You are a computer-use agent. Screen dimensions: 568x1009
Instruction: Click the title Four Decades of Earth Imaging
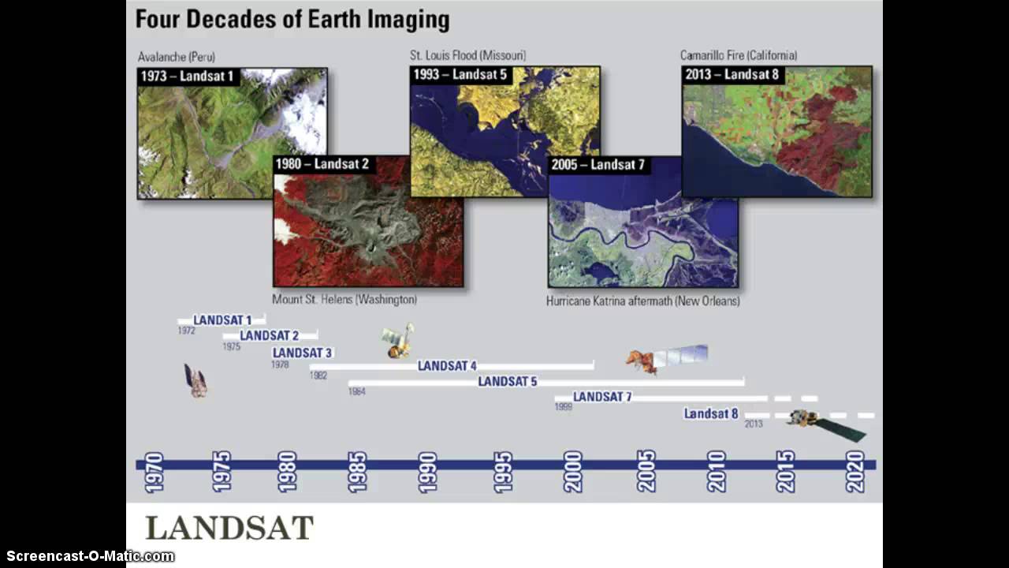(292, 19)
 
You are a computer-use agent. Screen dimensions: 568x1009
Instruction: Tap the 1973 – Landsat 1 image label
(188, 77)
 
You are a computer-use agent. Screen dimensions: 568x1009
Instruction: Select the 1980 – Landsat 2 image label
(322, 164)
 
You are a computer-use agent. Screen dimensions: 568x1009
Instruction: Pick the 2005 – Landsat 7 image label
(598, 165)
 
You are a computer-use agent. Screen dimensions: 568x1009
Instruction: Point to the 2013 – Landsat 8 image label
(732, 74)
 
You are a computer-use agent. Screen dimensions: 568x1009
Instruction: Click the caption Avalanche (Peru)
(176, 57)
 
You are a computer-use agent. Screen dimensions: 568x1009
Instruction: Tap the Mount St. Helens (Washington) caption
(344, 300)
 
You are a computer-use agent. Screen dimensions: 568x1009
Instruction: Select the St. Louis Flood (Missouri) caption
(467, 55)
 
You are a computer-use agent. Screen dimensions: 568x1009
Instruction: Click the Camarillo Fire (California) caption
(739, 55)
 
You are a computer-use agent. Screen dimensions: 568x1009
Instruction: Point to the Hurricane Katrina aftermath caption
(642, 301)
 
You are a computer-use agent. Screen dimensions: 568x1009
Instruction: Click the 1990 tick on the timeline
(428, 471)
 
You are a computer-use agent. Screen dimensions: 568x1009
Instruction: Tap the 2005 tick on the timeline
(646, 471)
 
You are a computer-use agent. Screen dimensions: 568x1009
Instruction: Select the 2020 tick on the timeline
(855, 471)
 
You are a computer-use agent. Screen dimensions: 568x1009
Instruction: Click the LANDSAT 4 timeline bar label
(447, 366)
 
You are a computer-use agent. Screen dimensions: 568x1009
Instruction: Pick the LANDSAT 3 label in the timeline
(302, 353)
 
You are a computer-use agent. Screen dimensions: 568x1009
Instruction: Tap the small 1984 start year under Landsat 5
(356, 391)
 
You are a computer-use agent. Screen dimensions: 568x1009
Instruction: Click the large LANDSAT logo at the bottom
(229, 528)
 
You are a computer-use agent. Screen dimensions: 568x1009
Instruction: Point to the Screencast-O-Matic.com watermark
(87, 556)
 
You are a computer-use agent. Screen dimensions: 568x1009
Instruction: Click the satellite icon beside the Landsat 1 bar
(195, 380)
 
